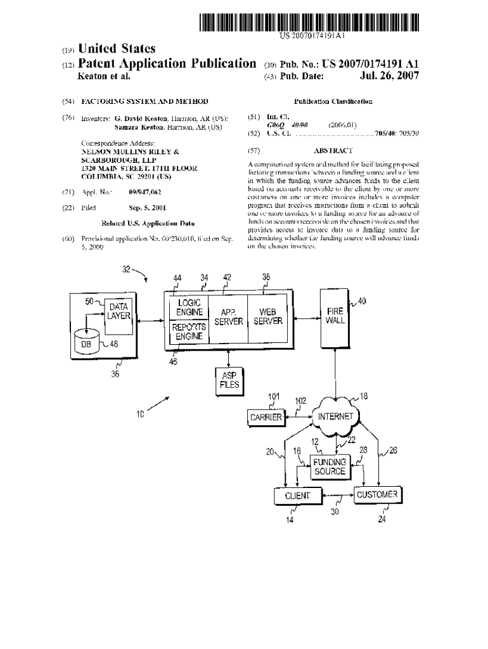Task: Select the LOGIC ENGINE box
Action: (x=189, y=307)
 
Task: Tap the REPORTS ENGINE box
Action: (x=189, y=331)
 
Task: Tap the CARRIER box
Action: (x=266, y=418)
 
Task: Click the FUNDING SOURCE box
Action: (x=330, y=467)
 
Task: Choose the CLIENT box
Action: (x=297, y=495)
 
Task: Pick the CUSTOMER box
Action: (x=378, y=494)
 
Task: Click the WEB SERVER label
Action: (x=267, y=317)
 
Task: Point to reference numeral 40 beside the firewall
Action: (x=362, y=302)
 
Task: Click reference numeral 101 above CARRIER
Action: (x=273, y=397)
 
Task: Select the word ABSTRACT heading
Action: (x=333, y=151)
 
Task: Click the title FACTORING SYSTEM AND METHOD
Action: (x=144, y=101)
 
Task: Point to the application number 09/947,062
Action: (x=145, y=191)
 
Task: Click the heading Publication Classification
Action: (x=333, y=101)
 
